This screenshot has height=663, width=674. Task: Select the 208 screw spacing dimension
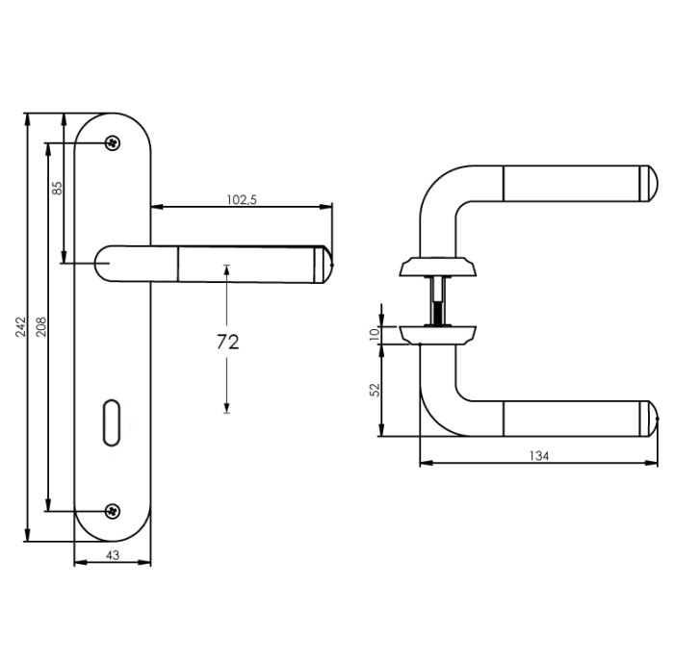click(x=40, y=327)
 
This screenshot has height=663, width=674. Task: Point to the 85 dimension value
click(x=57, y=189)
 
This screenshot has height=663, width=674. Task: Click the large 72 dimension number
click(x=226, y=343)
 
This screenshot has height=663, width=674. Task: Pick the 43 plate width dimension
click(x=112, y=555)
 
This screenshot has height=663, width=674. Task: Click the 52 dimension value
click(x=376, y=391)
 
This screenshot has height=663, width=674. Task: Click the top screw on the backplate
click(x=113, y=143)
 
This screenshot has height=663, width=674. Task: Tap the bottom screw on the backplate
click(x=113, y=510)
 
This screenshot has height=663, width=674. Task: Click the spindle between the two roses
click(x=438, y=300)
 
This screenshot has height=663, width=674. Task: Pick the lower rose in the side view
click(x=438, y=333)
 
